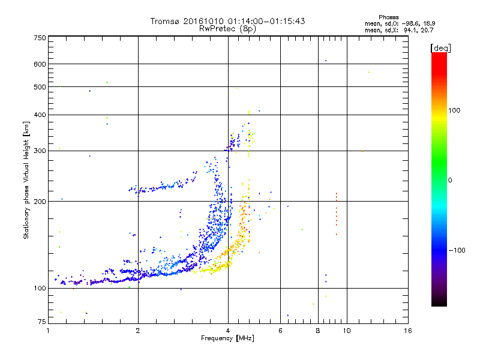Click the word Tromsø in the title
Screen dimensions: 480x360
click(x=166, y=21)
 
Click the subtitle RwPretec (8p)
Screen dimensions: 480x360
click(x=227, y=29)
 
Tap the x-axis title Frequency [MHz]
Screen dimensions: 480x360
click(x=227, y=338)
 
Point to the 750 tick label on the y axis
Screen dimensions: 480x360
click(x=40, y=38)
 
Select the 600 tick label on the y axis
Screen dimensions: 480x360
click(x=40, y=64)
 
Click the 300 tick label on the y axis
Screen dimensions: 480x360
click(x=40, y=151)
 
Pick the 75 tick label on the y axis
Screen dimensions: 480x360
click(x=42, y=322)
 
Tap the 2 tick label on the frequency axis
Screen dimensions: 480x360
click(x=138, y=331)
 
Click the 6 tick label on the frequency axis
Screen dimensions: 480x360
click(x=280, y=331)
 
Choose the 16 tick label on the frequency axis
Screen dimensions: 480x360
click(x=408, y=331)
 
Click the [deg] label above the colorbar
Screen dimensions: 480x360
click(x=440, y=48)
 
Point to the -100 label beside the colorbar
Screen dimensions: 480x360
click(x=457, y=250)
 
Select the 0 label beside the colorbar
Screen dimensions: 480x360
click(x=450, y=180)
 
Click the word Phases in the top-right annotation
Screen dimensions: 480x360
click(x=388, y=17)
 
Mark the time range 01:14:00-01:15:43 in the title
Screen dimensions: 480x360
click(x=266, y=21)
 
